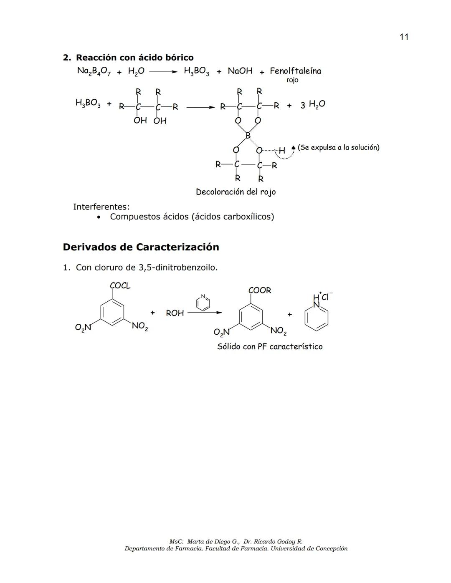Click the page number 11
(403, 37)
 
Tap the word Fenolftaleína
(295, 71)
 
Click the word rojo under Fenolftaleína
(292, 80)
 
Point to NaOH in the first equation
(240, 71)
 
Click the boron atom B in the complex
(248, 136)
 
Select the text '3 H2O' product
(312, 105)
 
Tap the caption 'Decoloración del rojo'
(236, 192)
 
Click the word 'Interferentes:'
(101, 207)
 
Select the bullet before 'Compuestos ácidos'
(99, 217)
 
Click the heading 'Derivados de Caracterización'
(141, 247)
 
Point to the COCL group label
(120, 286)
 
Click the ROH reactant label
(175, 313)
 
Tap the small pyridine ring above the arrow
(203, 303)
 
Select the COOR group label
(259, 290)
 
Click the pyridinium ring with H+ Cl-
(316, 317)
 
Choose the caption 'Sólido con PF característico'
(270, 347)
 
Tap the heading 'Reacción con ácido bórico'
(134, 58)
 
